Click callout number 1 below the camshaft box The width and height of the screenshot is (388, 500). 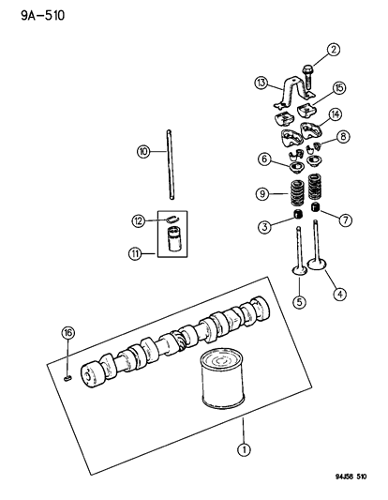[x=244, y=450]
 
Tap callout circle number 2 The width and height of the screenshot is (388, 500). [x=334, y=50]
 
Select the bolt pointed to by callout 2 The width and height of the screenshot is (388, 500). [x=307, y=77]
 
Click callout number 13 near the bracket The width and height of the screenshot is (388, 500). [x=261, y=83]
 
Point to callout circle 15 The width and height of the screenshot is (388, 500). [x=339, y=87]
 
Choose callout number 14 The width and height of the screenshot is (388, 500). [x=336, y=114]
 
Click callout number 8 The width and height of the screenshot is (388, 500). [x=343, y=137]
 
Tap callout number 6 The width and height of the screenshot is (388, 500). [x=264, y=159]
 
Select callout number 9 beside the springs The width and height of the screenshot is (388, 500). [x=262, y=194]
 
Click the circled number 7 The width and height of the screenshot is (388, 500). [x=346, y=220]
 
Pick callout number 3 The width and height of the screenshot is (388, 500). [x=265, y=227]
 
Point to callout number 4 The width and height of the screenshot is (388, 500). [x=339, y=294]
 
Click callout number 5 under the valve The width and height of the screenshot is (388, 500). [x=300, y=302]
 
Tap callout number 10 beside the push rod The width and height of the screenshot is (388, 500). [x=143, y=151]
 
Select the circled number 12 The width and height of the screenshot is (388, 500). [x=139, y=221]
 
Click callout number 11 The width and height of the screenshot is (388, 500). [x=135, y=254]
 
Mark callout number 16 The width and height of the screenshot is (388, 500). [x=67, y=333]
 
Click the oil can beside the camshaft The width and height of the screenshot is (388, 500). [x=223, y=378]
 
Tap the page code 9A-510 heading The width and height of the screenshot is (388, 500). [x=43, y=15]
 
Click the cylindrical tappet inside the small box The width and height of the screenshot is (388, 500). [x=174, y=239]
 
